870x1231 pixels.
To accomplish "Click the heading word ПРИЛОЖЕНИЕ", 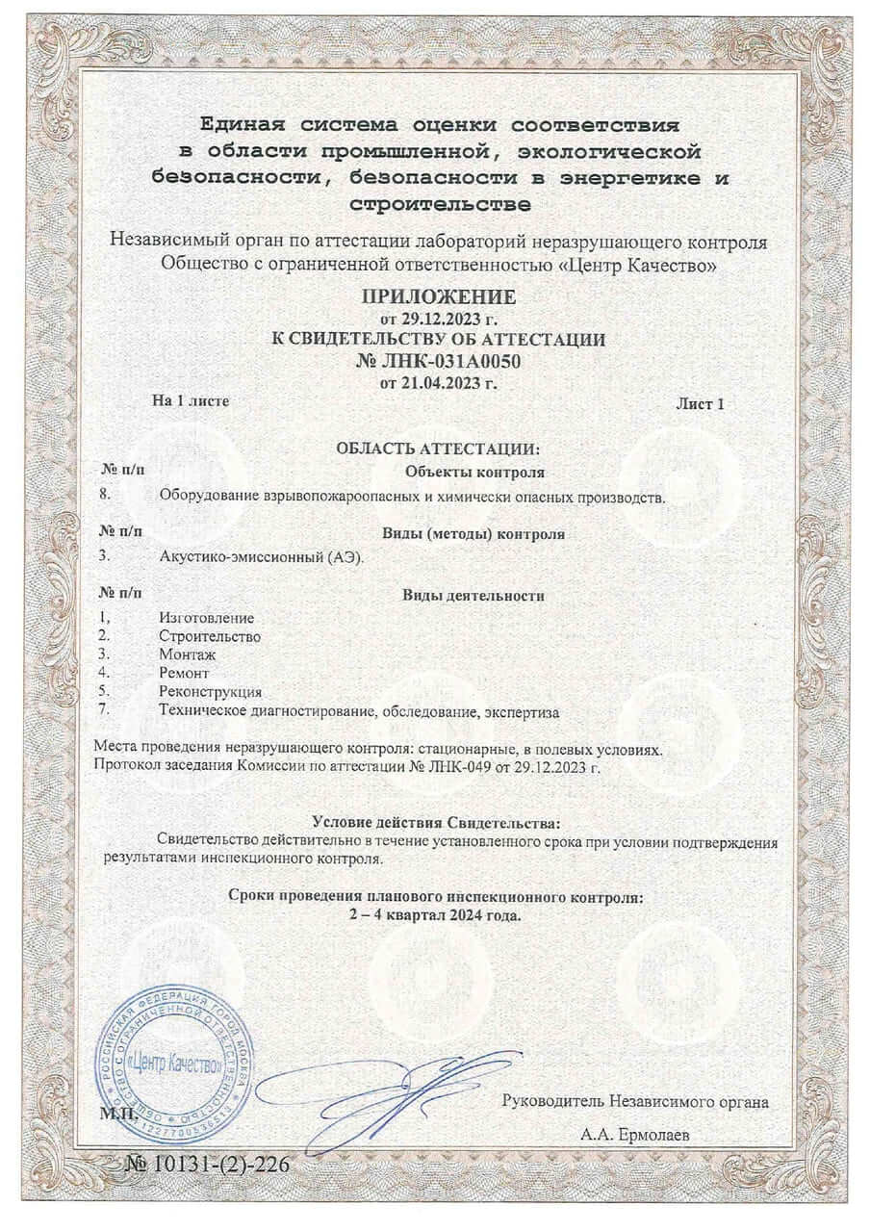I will [x=438, y=295].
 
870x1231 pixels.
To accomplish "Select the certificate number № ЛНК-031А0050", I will [x=438, y=361].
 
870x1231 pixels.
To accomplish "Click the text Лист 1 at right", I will [x=700, y=403].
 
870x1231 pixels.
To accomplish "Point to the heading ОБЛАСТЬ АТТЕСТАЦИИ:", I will [x=438, y=449].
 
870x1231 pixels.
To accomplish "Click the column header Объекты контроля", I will [x=475, y=472].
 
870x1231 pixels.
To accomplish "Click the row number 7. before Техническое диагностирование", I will [x=105, y=710].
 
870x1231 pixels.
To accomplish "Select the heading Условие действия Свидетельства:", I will [x=436, y=821].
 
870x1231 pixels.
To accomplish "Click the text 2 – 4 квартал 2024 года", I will [x=436, y=914].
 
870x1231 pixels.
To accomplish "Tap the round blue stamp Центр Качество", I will [x=173, y=1064].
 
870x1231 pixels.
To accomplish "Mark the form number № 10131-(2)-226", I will [x=207, y=1165].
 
